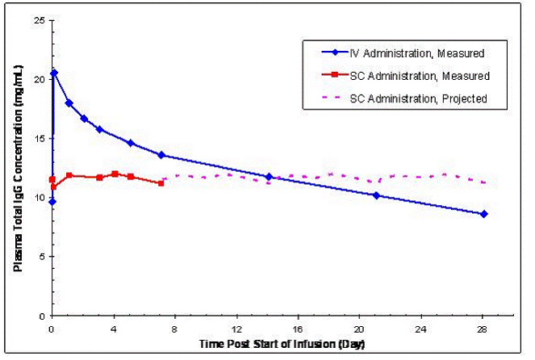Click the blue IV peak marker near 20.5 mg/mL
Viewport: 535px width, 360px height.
click(x=54, y=73)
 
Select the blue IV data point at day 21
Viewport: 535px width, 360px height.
click(x=377, y=195)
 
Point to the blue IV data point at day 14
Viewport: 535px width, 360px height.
click(x=269, y=177)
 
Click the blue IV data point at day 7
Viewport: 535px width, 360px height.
click(x=161, y=155)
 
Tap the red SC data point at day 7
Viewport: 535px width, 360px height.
click(x=161, y=183)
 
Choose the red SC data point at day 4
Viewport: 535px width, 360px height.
click(x=115, y=174)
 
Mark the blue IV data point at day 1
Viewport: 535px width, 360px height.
click(x=69, y=103)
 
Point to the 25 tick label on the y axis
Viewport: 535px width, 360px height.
click(x=38, y=20)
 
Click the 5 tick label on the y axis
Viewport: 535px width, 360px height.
click(x=40, y=257)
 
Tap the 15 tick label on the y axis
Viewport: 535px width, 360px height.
click(x=38, y=139)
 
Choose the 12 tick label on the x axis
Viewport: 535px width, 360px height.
click(x=237, y=329)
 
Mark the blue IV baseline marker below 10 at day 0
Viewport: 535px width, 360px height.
click(x=52, y=202)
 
